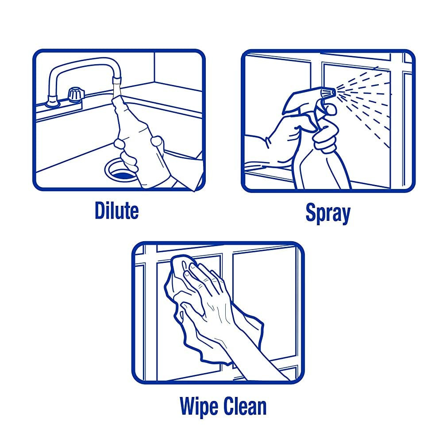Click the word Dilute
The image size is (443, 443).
tap(117, 210)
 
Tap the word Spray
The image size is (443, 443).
tap(328, 213)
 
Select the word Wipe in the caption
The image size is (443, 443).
tap(199, 407)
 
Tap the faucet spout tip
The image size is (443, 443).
tap(117, 81)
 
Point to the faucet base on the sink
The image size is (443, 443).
tap(53, 102)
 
